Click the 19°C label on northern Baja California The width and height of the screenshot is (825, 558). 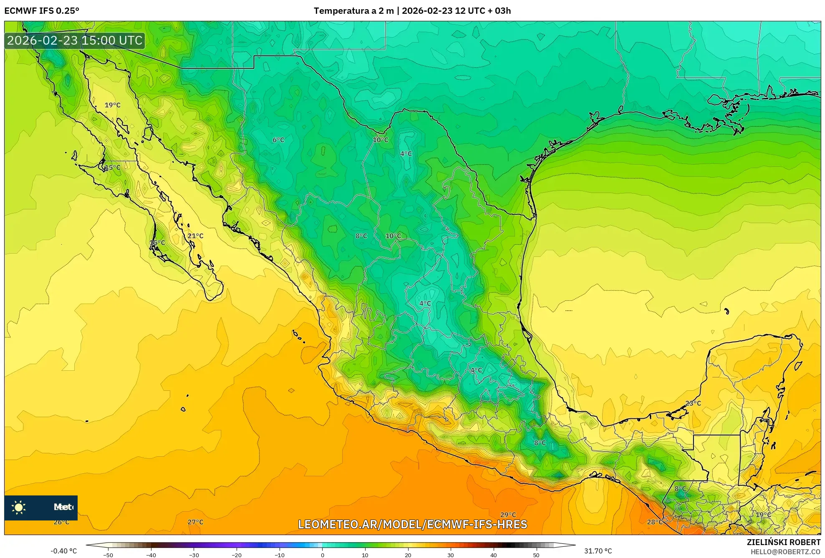point(112,105)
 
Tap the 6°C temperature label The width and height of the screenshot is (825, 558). point(278,140)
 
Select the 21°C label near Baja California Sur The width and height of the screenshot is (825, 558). point(195,236)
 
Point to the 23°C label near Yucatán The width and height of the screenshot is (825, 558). point(693,403)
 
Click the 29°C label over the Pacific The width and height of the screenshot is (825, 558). point(508,515)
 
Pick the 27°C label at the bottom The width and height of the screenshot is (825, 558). point(195,522)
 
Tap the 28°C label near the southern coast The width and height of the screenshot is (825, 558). point(655,522)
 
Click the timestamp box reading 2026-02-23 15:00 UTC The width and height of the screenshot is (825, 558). point(75,40)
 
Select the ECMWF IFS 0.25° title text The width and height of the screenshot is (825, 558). point(42,11)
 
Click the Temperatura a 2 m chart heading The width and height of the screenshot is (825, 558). point(412,11)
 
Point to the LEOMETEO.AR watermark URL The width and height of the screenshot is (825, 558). point(412,524)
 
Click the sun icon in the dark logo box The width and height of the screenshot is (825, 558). point(19,508)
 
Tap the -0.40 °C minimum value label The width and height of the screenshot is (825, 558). point(64,551)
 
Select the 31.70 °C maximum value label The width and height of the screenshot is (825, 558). point(598,551)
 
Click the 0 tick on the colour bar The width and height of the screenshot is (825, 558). point(322,555)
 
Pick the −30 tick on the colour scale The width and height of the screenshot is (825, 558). point(194,555)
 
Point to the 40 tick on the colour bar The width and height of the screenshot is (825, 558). point(493,555)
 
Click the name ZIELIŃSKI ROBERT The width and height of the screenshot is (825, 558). point(784,542)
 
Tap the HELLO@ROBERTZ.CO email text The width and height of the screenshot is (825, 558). point(786,552)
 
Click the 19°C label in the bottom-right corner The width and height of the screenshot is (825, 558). point(763,515)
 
